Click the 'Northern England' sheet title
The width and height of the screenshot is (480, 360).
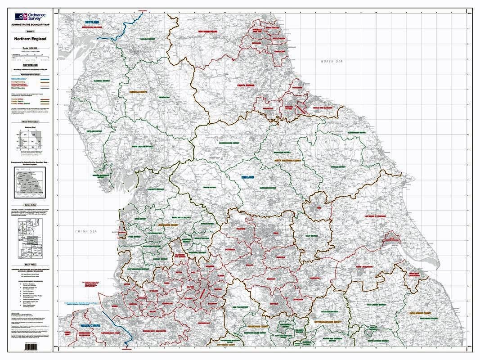click(x=30, y=39)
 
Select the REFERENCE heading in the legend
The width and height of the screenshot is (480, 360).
click(x=30, y=65)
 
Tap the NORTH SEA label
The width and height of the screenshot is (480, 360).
click(x=332, y=61)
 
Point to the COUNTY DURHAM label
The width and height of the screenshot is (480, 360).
click(x=247, y=85)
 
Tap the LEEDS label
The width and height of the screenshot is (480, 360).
click(x=275, y=233)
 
